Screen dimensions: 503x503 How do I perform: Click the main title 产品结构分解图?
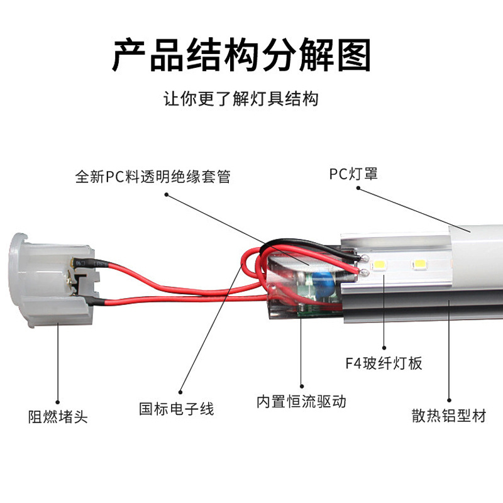(x=241, y=55)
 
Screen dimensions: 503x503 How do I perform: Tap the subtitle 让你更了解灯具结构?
(x=241, y=99)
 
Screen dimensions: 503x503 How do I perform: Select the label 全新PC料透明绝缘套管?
(x=153, y=177)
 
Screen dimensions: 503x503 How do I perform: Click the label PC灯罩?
(x=353, y=174)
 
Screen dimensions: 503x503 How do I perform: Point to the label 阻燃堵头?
(x=58, y=417)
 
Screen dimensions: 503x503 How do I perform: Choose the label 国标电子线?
(x=177, y=409)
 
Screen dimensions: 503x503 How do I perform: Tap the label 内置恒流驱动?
(x=301, y=401)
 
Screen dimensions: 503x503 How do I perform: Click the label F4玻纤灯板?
(x=384, y=363)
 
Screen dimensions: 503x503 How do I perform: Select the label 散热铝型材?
(x=449, y=416)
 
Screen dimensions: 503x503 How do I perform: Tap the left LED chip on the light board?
(x=379, y=265)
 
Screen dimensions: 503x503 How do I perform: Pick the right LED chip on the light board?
(x=420, y=264)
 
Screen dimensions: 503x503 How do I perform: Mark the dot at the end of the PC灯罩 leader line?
(x=358, y=188)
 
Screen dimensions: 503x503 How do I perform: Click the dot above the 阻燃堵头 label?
(x=58, y=402)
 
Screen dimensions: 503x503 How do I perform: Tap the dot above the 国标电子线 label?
(x=180, y=392)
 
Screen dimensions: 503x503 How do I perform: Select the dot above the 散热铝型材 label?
(x=449, y=400)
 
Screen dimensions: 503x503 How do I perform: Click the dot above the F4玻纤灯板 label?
(x=384, y=348)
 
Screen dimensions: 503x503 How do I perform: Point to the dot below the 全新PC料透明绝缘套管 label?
(x=166, y=194)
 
